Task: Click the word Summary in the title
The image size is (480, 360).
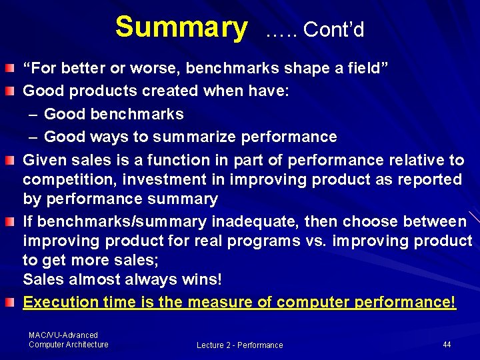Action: (x=180, y=27)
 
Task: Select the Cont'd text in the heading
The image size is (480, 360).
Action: (x=333, y=30)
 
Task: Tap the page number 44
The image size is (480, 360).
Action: (x=447, y=345)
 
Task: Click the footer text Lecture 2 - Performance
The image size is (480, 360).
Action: (x=239, y=345)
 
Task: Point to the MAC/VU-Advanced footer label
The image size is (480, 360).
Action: (x=63, y=335)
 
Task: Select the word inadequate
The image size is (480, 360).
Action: (x=254, y=221)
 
